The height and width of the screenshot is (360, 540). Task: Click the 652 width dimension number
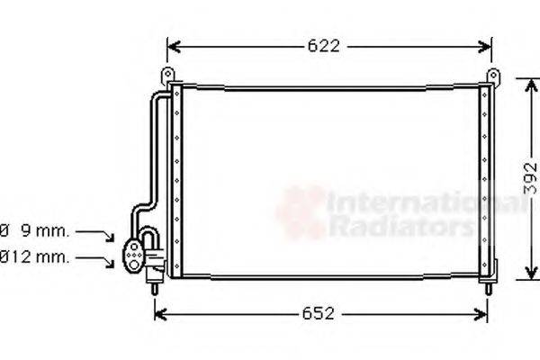(319, 314)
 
